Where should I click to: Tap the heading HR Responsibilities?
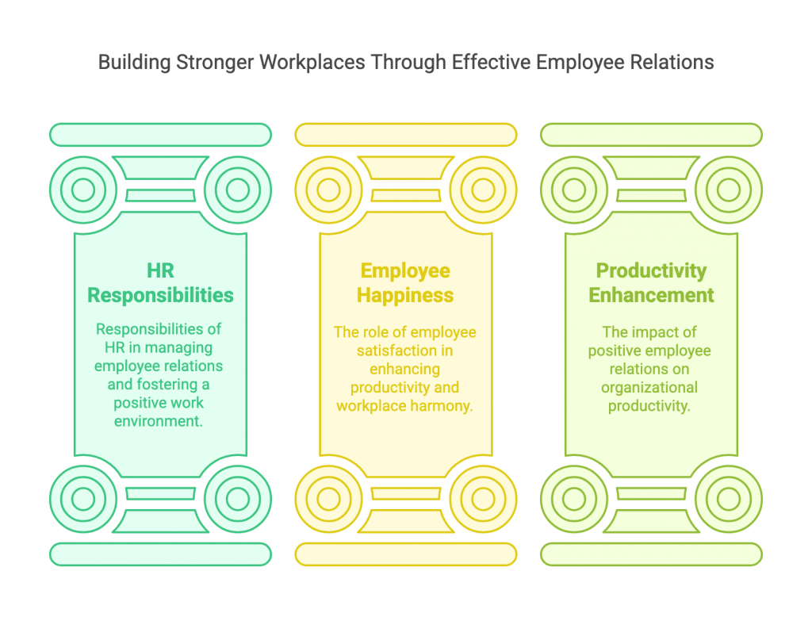(x=160, y=282)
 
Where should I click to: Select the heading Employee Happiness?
(x=405, y=282)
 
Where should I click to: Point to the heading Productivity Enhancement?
(x=651, y=282)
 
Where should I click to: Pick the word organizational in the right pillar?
(x=649, y=387)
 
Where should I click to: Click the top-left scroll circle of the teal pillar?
(x=83, y=190)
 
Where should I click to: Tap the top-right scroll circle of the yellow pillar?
(x=483, y=190)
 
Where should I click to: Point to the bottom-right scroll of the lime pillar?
(x=729, y=499)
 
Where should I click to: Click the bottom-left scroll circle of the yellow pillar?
(x=329, y=499)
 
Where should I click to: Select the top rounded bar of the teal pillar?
(x=160, y=135)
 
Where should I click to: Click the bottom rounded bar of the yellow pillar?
(x=406, y=554)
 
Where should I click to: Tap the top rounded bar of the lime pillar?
(x=652, y=135)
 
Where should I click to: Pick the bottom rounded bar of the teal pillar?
(x=160, y=554)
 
